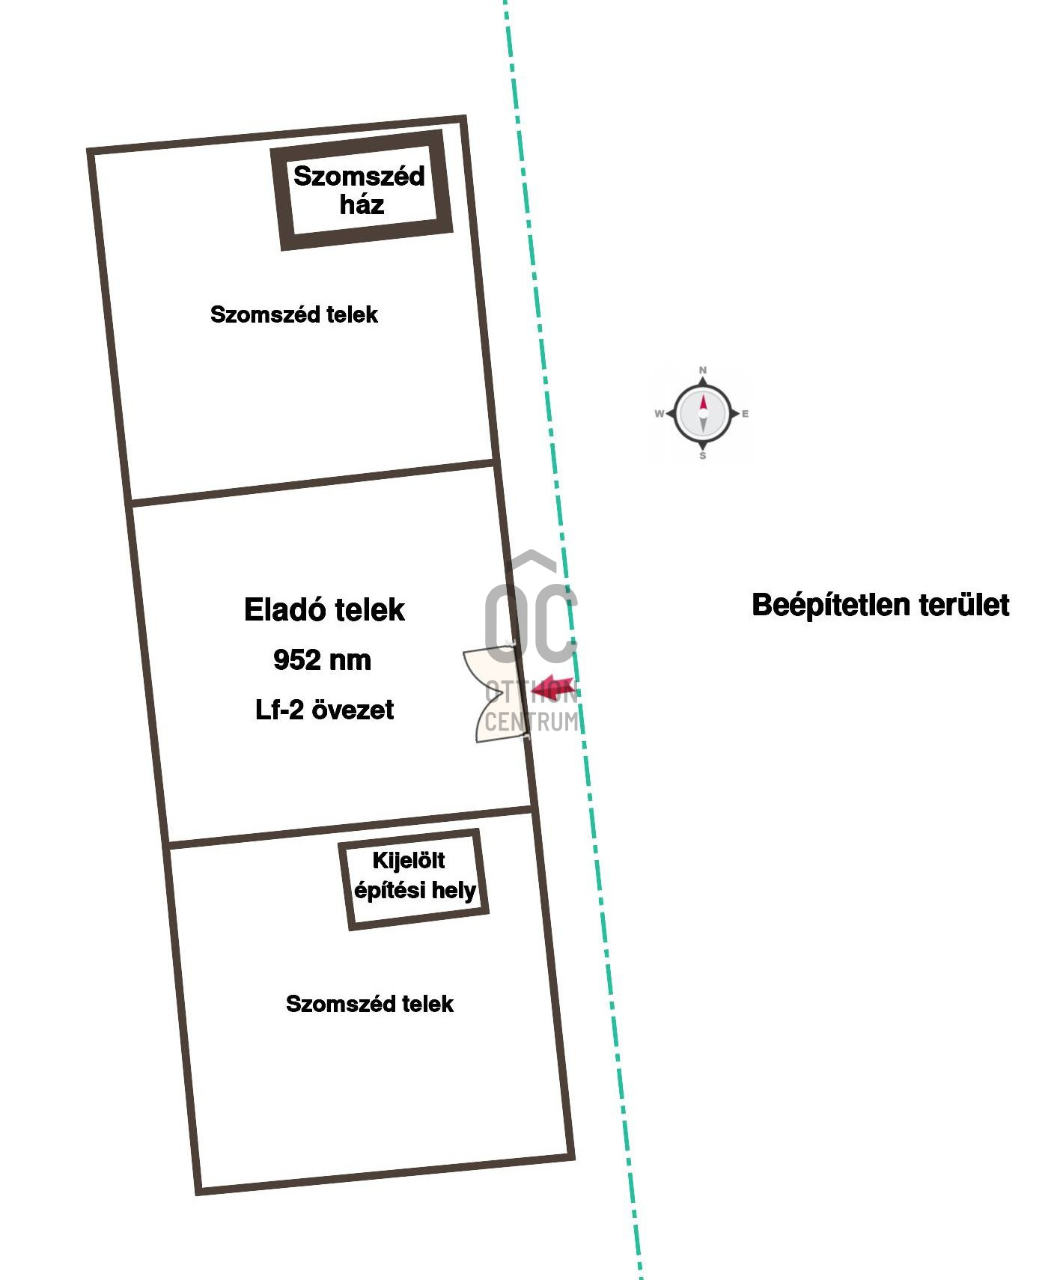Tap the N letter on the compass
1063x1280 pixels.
coord(702,370)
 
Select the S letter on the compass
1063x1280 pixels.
coord(702,456)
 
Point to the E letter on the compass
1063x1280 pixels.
coord(745,413)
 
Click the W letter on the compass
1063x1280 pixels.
coord(659,413)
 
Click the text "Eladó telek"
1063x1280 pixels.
coord(324,610)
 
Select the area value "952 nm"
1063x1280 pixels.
coord(323,660)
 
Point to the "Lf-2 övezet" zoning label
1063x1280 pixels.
coord(324,710)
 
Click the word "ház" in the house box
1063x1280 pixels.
coord(362,204)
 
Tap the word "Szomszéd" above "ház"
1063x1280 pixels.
coord(359,177)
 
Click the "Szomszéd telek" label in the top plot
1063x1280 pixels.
coord(294,314)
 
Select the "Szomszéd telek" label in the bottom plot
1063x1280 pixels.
coord(370,1004)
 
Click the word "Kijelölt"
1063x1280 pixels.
coord(409,861)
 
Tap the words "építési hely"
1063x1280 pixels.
coord(415,891)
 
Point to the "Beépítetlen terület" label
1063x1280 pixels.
coord(880,605)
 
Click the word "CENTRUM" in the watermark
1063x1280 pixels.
coord(531,722)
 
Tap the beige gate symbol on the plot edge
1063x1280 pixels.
coord(492,696)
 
